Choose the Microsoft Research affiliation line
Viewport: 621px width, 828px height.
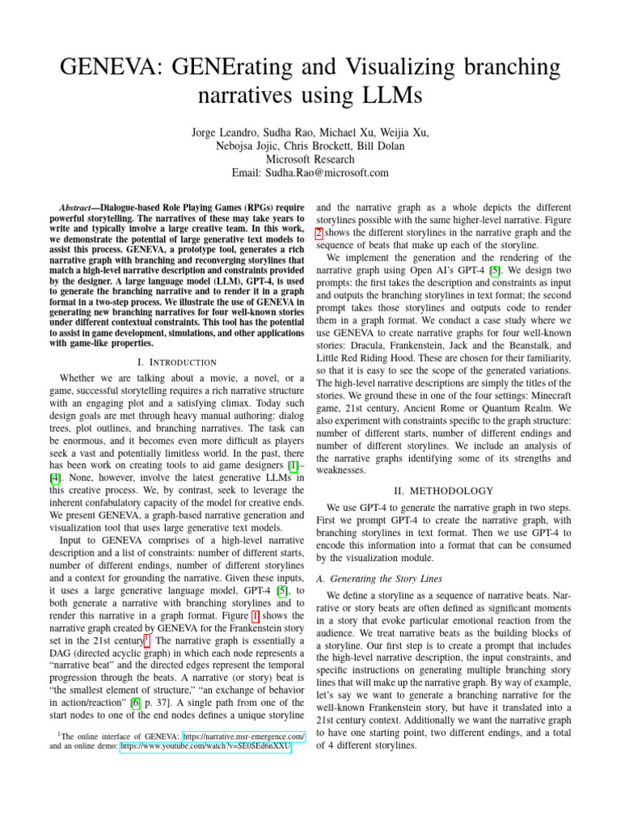pos(310,159)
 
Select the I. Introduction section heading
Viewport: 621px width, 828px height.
pos(176,361)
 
